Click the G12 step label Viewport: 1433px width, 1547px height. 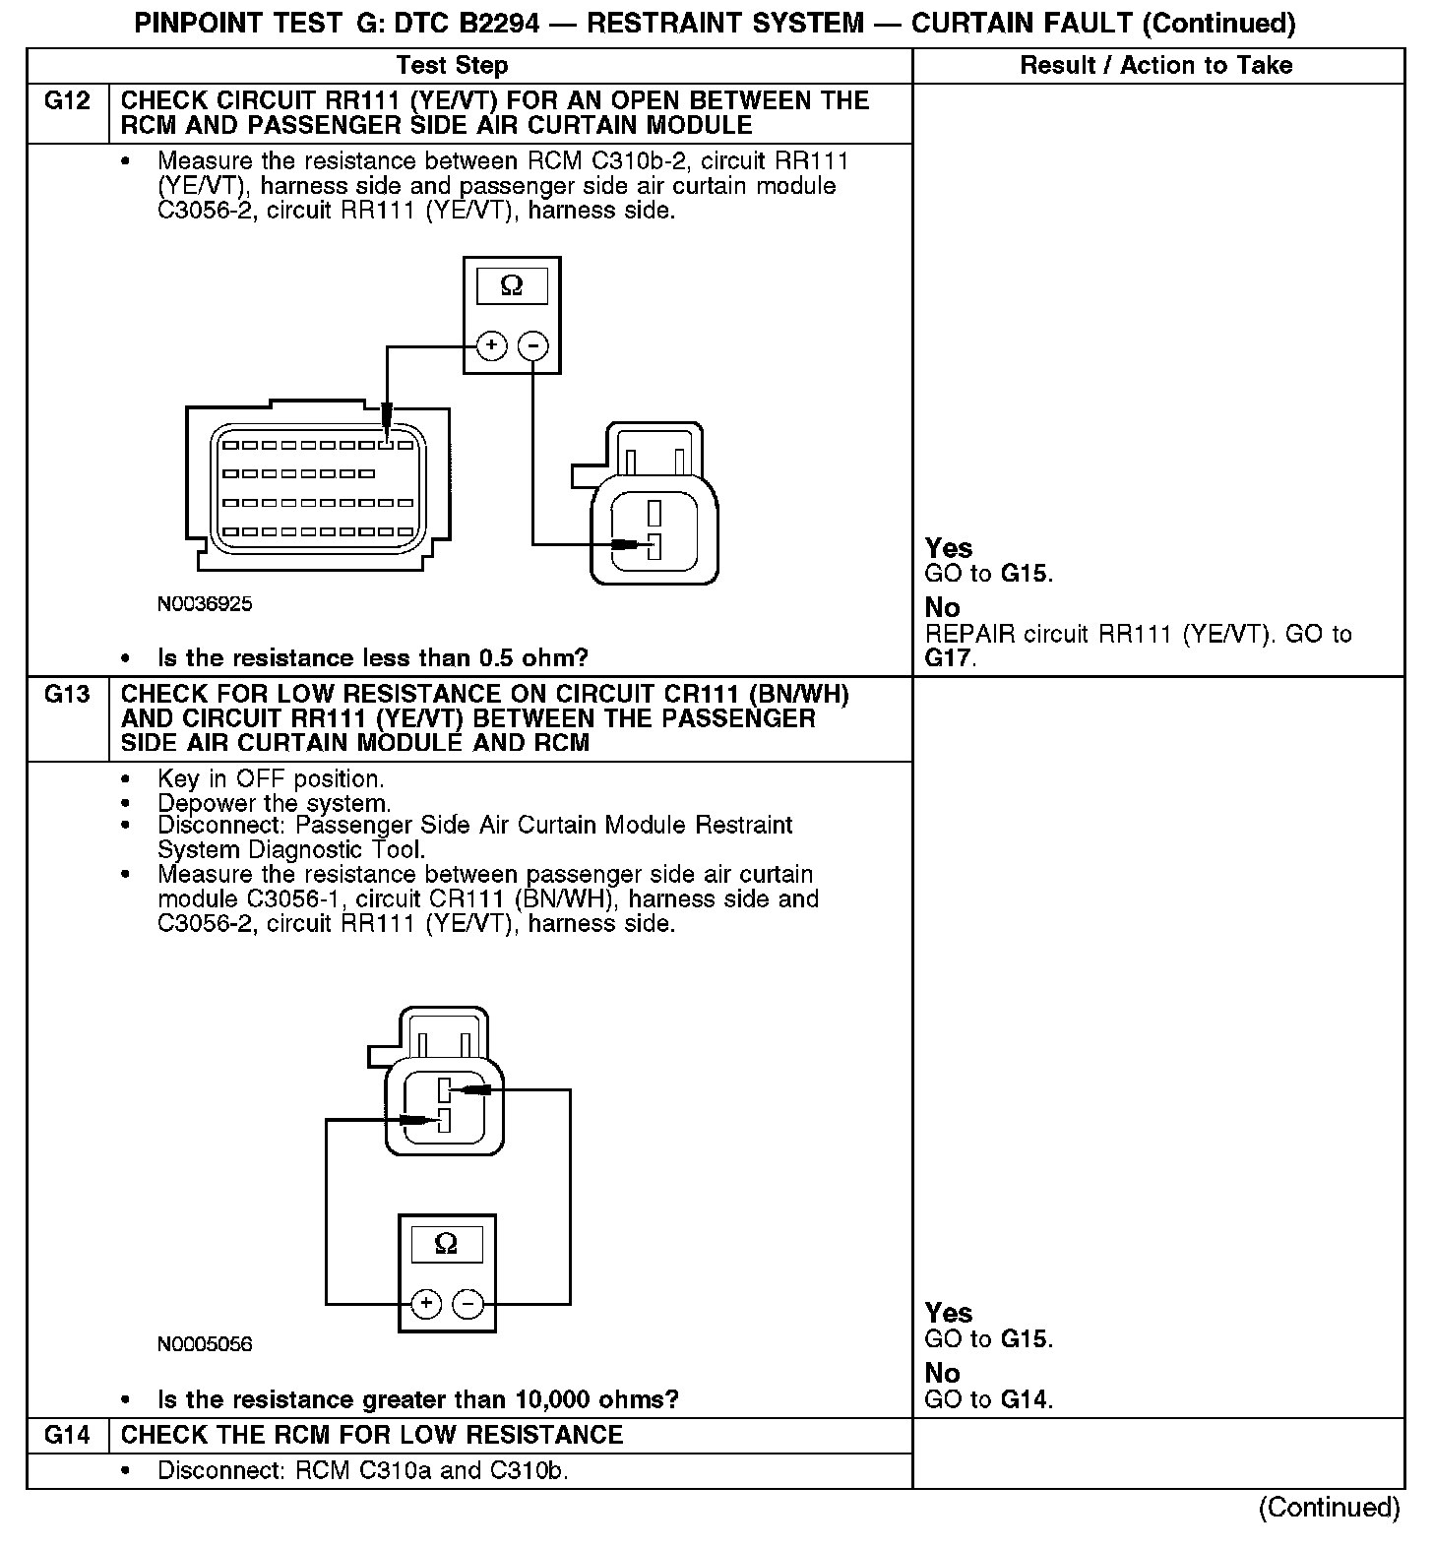pyautogui.click(x=67, y=101)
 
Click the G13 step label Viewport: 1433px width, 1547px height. pyautogui.click(x=67, y=695)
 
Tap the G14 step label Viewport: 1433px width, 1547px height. pyautogui.click(x=67, y=1436)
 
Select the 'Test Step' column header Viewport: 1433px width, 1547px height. pyautogui.click(x=452, y=66)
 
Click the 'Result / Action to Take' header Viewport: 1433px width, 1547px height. pyautogui.click(x=1156, y=66)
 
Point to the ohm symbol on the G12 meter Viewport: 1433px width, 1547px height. pyautogui.click(x=512, y=286)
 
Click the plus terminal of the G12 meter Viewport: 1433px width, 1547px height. pyautogui.click(x=491, y=345)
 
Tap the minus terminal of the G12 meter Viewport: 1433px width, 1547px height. pyautogui.click(x=532, y=345)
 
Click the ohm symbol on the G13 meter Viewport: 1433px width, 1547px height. pyautogui.click(x=446, y=1245)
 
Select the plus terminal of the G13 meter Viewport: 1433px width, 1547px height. pyautogui.click(x=425, y=1304)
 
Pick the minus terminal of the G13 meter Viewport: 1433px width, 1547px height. pyautogui.click(x=467, y=1304)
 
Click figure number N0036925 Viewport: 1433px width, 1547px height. pyautogui.click(x=205, y=604)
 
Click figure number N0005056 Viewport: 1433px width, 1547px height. pyautogui.click(x=205, y=1344)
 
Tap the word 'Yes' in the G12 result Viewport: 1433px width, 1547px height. pyautogui.click(x=949, y=548)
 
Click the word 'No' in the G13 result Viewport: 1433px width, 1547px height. pyautogui.click(x=942, y=1373)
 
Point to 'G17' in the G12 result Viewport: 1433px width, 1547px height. pyautogui.click(x=948, y=658)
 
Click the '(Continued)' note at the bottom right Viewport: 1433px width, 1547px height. pyautogui.click(x=1328, y=1508)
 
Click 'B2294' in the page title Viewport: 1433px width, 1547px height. pyautogui.click(x=490, y=24)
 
